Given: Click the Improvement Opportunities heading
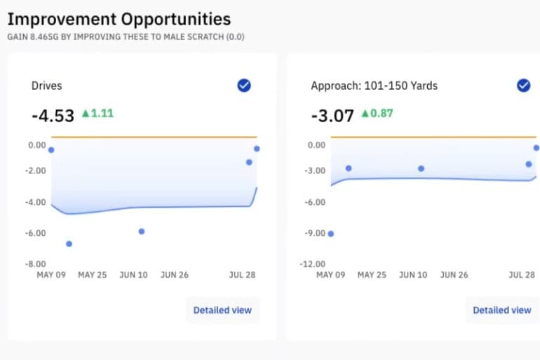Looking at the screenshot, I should pos(119,18).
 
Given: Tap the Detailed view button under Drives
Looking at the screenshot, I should pos(222,309).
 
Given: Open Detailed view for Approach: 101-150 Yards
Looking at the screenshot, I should pos(501,309).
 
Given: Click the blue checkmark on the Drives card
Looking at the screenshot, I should pos(244,86).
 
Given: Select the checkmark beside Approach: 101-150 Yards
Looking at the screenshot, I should pos(523,86).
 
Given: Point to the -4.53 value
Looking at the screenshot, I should pos(53,115).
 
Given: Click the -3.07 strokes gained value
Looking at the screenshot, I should pos(332,115).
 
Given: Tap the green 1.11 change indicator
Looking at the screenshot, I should pos(97,113).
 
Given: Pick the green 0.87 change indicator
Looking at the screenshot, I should pos(377,113).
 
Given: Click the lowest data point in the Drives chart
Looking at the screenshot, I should pos(69,244).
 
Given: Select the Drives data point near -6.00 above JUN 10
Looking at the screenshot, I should pos(142,231).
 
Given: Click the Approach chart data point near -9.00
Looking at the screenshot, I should pos(331,234).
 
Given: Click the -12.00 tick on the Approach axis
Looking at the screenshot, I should pos(313,265).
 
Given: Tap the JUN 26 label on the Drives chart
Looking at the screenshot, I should pos(174,275).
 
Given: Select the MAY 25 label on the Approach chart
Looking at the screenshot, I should pos(372,275).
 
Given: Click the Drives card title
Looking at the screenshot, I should pos(46,86).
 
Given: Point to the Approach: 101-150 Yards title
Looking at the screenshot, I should pos(374,86).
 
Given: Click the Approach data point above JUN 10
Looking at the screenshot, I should pos(421,168).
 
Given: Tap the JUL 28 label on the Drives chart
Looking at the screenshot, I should pos(242,275).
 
